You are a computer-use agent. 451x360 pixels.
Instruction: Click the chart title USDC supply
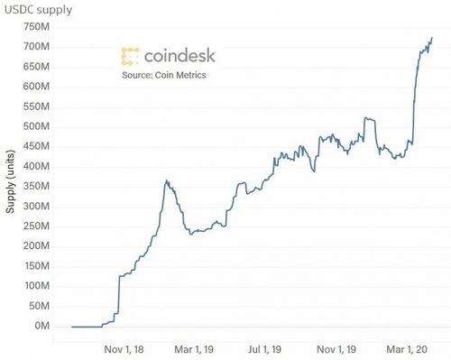pyautogui.click(x=38, y=10)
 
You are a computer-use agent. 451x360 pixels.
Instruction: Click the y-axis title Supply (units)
pyautogui.click(x=10, y=177)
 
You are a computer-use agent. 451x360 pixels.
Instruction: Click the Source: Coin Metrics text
pyautogui.click(x=164, y=76)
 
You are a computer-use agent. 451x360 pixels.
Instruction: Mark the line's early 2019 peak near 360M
pyautogui.click(x=166, y=180)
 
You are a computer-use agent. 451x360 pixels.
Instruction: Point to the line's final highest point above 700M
pyautogui.click(x=431, y=38)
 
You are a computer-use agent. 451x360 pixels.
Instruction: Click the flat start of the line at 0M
pyautogui.click(x=86, y=326)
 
